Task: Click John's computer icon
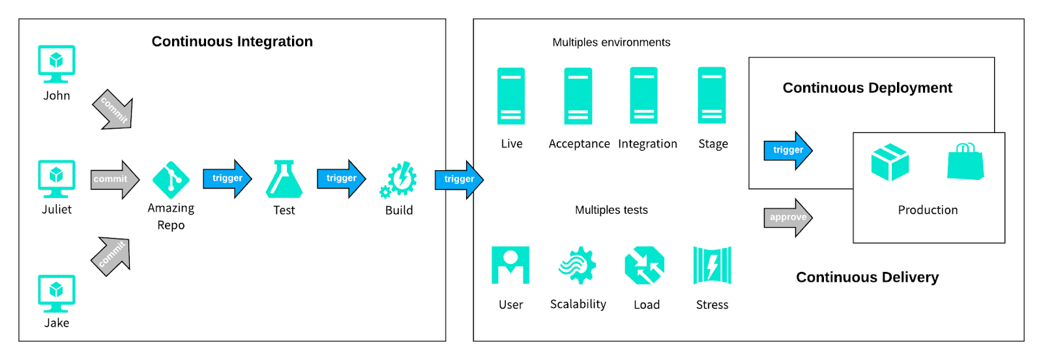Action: pyautogui.click(x=57, y=63)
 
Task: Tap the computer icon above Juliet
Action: pyautogui.click(x=57, y=178)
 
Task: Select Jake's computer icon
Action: pyautogui.click(x=57, y=293)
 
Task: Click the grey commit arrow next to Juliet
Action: pyautogui.click(x=115, y=179)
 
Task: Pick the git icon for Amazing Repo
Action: pyautogui.click(x=171, y=179)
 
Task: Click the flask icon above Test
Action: pyautogui.click(x=284, y=179)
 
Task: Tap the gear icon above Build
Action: pyautogui.click(x=398, y=179)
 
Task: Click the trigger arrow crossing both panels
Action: pyautogui.click(x=459, y=179)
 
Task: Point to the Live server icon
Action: pyautogui.click(x=511, y=96)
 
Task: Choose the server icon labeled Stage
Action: pyautogui.click(x=712, y=96)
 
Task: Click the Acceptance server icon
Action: pyautogui.click(x=578, y=96)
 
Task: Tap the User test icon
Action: pyautogui.click(x=510, y=265)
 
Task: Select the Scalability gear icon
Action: pyautogui.click(x=578, y=265)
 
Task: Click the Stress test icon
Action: pyautogui.click(x=712, y=265)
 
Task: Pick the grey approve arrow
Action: pyautogui.click(x=787, y=218)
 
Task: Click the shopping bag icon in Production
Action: pyautogui.click(x=965, y=162)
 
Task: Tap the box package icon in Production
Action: pyautogui.click(x=890, y=162)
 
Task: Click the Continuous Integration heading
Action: pyautogui.click(x=232, y=42)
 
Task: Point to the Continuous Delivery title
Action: pyautogui.click(x=867, y=277)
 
